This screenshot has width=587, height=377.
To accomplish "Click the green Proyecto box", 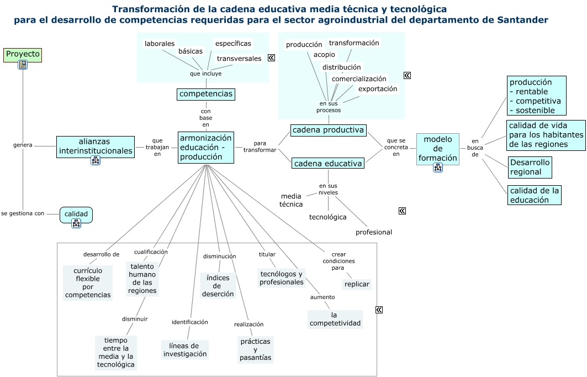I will click(x=23, y=54).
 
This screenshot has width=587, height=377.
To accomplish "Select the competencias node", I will click(x=206, y=94).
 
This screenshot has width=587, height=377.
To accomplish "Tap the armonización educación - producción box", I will click(x=205, y=147).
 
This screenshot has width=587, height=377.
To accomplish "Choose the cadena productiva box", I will click(x=328, y=130).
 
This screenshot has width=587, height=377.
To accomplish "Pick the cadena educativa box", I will click(x=328, y=163).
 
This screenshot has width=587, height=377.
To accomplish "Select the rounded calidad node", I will click(x=76, y=214).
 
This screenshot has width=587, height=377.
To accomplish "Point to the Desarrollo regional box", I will click(x=530, y=167).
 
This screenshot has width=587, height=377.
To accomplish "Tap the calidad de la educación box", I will click(x=534, y=195).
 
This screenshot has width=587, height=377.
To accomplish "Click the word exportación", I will click(x=378, y=88).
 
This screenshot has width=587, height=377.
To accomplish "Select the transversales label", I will click(x=239, y=59).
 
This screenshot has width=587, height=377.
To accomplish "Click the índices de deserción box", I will click(x=218, y=286).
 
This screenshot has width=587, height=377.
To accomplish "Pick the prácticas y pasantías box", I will click(x=255, y=349).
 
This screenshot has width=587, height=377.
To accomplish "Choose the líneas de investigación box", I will click(x=185, y=349).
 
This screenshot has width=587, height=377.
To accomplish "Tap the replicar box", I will click(x=357, y=284).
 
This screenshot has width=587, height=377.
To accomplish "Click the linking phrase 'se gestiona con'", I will click(x=23, y=213).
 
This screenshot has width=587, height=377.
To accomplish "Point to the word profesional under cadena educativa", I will click(x=373, y=232).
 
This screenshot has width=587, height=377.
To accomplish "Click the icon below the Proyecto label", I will click(x=23, y=65).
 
